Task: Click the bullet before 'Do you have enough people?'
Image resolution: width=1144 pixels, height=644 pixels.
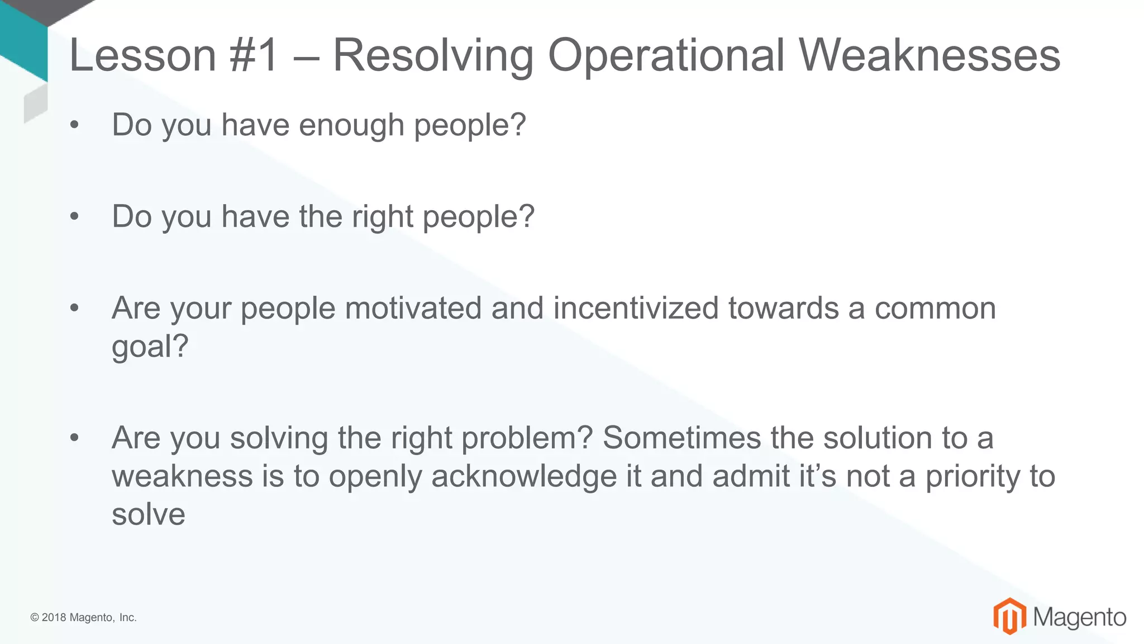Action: pos(74,125)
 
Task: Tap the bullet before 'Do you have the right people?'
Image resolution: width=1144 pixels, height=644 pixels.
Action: pos(74,217)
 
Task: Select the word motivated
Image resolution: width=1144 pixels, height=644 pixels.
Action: pos(413,308)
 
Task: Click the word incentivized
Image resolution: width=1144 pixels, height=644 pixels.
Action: pos(636,308)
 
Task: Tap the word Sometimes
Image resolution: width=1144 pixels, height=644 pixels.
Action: pos(681,438)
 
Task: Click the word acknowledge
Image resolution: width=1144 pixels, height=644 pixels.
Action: pos(524,477)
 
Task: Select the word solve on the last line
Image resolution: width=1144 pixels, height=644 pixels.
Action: pos(148,514)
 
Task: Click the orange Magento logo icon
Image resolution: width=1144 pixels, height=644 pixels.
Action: pos(1009,616)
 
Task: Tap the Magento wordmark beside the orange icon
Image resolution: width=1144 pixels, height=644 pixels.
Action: pos(1079,617)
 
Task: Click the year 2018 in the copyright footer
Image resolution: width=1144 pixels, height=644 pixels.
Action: pos(54,618)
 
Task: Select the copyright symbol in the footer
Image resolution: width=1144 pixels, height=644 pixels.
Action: pos(35,618)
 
